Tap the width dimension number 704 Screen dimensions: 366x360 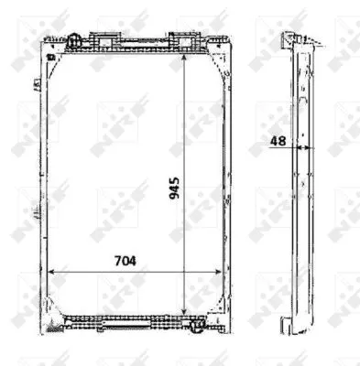point(126,261)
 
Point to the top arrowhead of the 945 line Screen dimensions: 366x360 point(186,48)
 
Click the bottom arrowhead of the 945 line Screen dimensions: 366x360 point(186,312)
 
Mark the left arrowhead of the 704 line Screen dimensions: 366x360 point(51,271)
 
